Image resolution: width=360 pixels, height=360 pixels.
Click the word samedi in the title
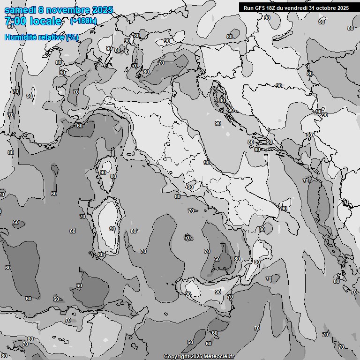[20, 10]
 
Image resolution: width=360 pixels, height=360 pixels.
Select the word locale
[44, 22]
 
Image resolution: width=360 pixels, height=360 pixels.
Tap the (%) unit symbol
[72, 37]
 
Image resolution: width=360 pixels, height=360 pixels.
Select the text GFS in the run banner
[259, 8]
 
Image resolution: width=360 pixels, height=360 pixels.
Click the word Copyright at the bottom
[176, 357]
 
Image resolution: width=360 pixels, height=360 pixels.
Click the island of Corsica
[107, 173]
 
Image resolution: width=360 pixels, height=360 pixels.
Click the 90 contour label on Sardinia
[112, 229]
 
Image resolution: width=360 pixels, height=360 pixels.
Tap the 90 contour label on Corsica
[103, 172]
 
